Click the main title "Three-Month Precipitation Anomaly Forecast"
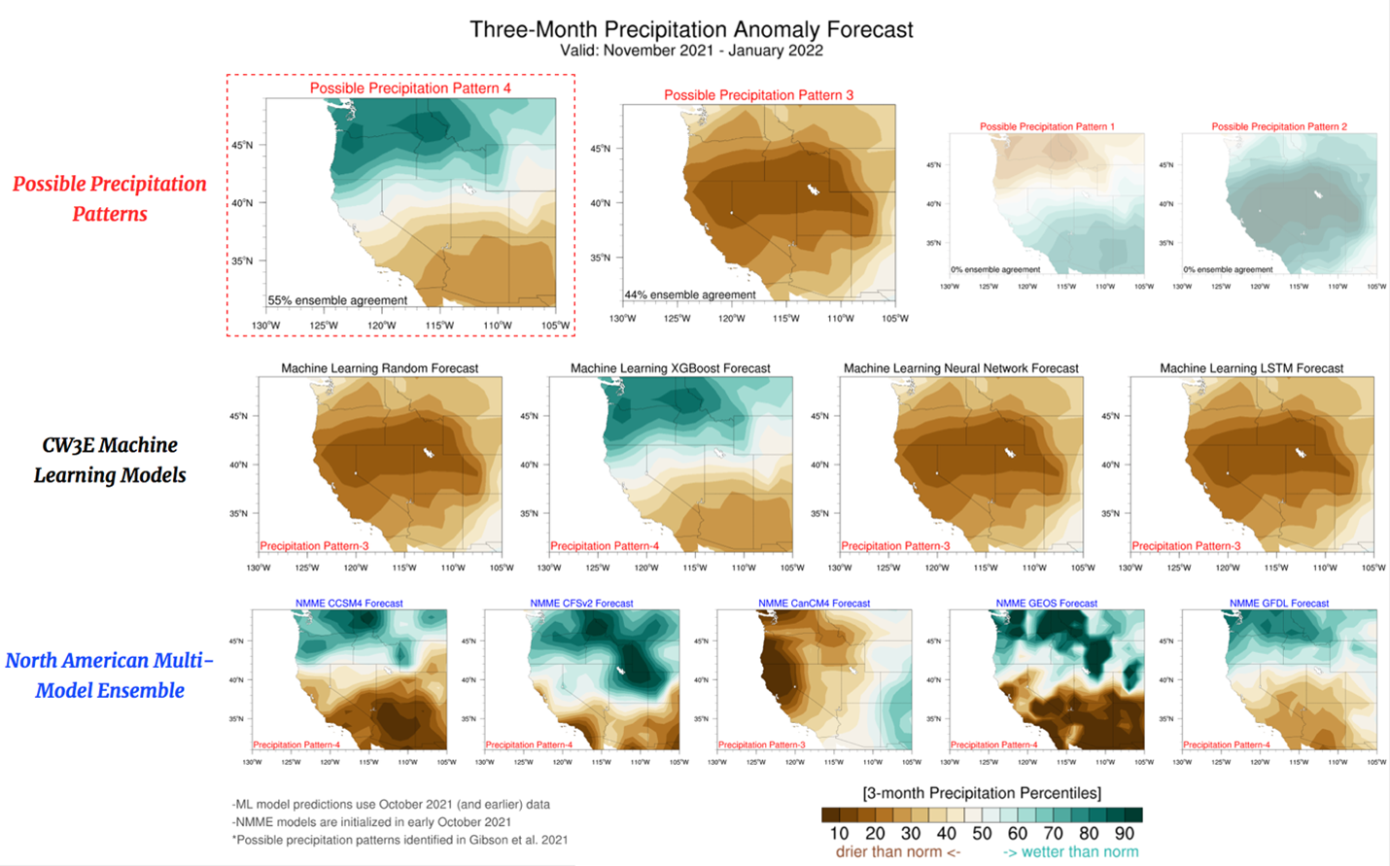coord(691,29)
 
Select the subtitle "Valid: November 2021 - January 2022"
coord(691,51)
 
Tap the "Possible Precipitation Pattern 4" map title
coord(410,88)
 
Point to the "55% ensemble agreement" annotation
coord(337,300)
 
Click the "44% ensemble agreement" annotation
coord(690,294)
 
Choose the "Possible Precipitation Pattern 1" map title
coord(1047,126)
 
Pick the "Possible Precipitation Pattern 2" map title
coord(1279,126)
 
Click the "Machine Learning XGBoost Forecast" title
coord(670,368)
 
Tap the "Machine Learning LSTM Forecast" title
coord(1251,368)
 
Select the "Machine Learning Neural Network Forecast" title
coord(960,368)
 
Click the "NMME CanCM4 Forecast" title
coord(814,604)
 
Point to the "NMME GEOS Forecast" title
coord(1046,604)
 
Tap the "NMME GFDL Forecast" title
coord(1278,604)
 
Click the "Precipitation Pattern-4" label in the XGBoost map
coord(605,546)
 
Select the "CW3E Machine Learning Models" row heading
coord(110,460)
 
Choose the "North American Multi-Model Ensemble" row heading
coord(110,675)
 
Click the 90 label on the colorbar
coord(1124,834)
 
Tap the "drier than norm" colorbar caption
coord(897,852)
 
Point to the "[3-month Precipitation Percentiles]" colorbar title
coord(982,793)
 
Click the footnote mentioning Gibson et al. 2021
coord(400,840)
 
